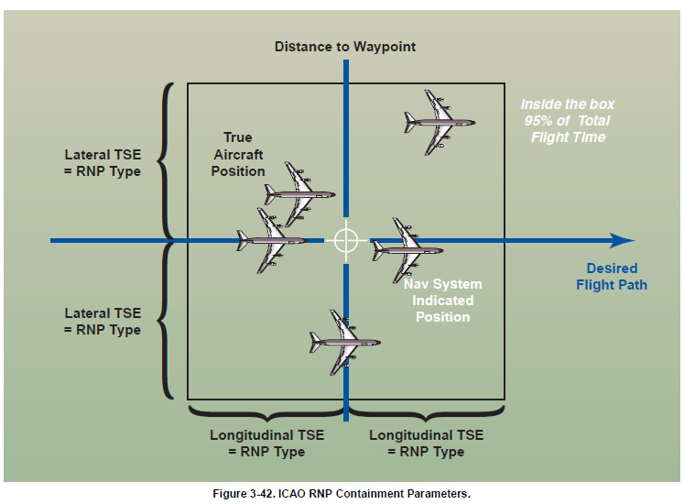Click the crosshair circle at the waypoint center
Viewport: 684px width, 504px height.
[x=345, y=240]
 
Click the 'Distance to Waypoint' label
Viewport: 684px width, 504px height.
[x=345, y=46]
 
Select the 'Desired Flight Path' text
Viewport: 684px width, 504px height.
[x=611, y=277]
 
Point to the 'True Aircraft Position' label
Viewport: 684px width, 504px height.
[x=238, y=154]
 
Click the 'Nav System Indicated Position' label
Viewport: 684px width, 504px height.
[x=443, y=301]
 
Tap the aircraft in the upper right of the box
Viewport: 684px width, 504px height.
[x=440, y=120]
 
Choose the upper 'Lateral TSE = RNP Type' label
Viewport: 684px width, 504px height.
[x=103, y=163]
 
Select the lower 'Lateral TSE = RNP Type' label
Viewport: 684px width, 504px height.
[x=103, y=322]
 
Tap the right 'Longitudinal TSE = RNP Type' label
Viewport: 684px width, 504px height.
[x=426, y=444]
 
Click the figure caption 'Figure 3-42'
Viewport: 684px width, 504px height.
[x=341, y=494]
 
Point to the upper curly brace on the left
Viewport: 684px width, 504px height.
[x=166, y=161]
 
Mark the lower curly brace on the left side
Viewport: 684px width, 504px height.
[x=166, y=320]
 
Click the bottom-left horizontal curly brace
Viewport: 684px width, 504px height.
[x=266, y=411]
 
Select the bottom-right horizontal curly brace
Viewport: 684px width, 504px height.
[x=425, y=411]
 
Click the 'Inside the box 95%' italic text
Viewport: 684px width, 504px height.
[x=566, y=121]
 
